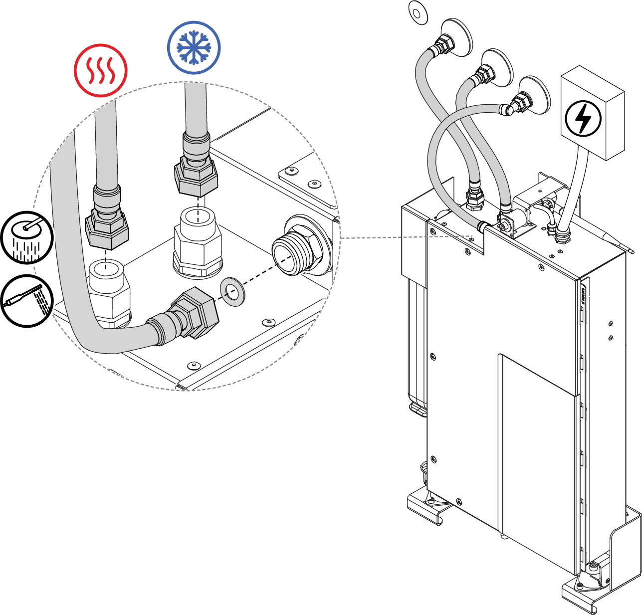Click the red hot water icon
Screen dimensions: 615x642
(101, 70)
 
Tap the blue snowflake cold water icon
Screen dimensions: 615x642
(194, 48)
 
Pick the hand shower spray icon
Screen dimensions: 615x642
(26, 301)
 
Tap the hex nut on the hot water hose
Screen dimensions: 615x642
(107, 230)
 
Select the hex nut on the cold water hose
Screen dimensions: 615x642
(197, 176)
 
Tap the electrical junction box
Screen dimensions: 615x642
(592, 112)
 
